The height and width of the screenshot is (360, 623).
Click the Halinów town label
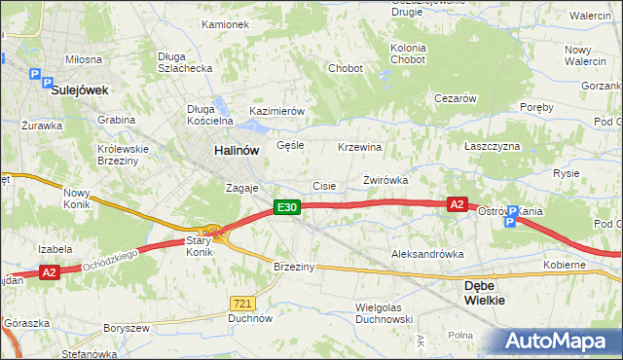[x=237, y=151]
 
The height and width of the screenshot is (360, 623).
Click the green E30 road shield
[x=285, y=207]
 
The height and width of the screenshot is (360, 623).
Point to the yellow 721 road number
[x=243, y=303]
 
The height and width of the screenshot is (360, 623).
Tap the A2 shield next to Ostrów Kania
[x=458, y=204]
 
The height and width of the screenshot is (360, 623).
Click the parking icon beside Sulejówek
[x=36, y=74]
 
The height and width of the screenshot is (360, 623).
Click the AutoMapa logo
[x=561, y=341]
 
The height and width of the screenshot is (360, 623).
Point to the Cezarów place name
[x=455, y=98]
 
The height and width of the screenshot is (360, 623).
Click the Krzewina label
[x=358, y=147]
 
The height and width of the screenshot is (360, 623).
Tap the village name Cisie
[x=323, y=186]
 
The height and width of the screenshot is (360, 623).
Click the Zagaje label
[x=241, y=188]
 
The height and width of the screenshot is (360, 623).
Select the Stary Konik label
[x=199, y=245]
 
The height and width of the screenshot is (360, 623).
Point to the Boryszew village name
[x=127, y=328]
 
